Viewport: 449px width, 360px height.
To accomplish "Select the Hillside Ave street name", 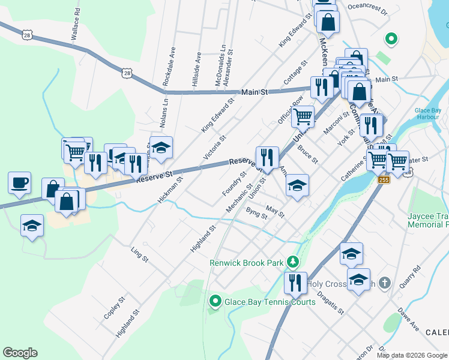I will pos(196,70).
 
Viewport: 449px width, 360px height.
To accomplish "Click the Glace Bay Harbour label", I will pos(430,114).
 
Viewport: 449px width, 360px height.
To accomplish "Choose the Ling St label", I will pos(139,253).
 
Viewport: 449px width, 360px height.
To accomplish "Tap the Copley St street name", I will pos(113,307).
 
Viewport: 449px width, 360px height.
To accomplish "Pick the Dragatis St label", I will pos(331,303).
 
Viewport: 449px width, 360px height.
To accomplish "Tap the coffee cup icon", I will pos(19,182).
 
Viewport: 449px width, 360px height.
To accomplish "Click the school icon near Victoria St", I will pos(160,148).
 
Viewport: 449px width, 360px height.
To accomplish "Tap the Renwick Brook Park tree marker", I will pos(292,262).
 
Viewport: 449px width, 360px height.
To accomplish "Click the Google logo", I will pos(20,353).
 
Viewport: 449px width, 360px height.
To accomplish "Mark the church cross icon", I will pos(385,282).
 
